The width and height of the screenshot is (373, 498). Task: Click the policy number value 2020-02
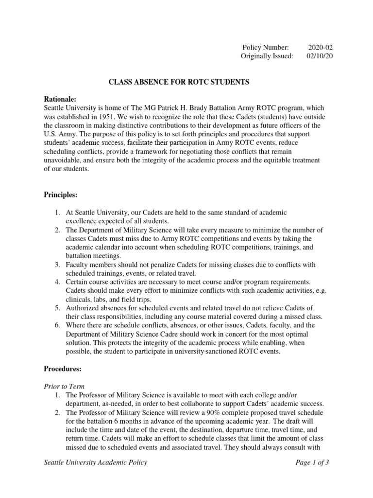point(321,47)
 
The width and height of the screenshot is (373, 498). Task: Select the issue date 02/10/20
point(320,56)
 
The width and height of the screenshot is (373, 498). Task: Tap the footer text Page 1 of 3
point(312,462)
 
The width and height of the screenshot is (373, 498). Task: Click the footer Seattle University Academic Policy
point(95,462)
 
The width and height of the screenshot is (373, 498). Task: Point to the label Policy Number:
point(265,47)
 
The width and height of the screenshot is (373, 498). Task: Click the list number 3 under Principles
point(57,265)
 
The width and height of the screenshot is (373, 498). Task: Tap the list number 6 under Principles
point(57,325)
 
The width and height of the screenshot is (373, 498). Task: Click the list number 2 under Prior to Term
point(57,413)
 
